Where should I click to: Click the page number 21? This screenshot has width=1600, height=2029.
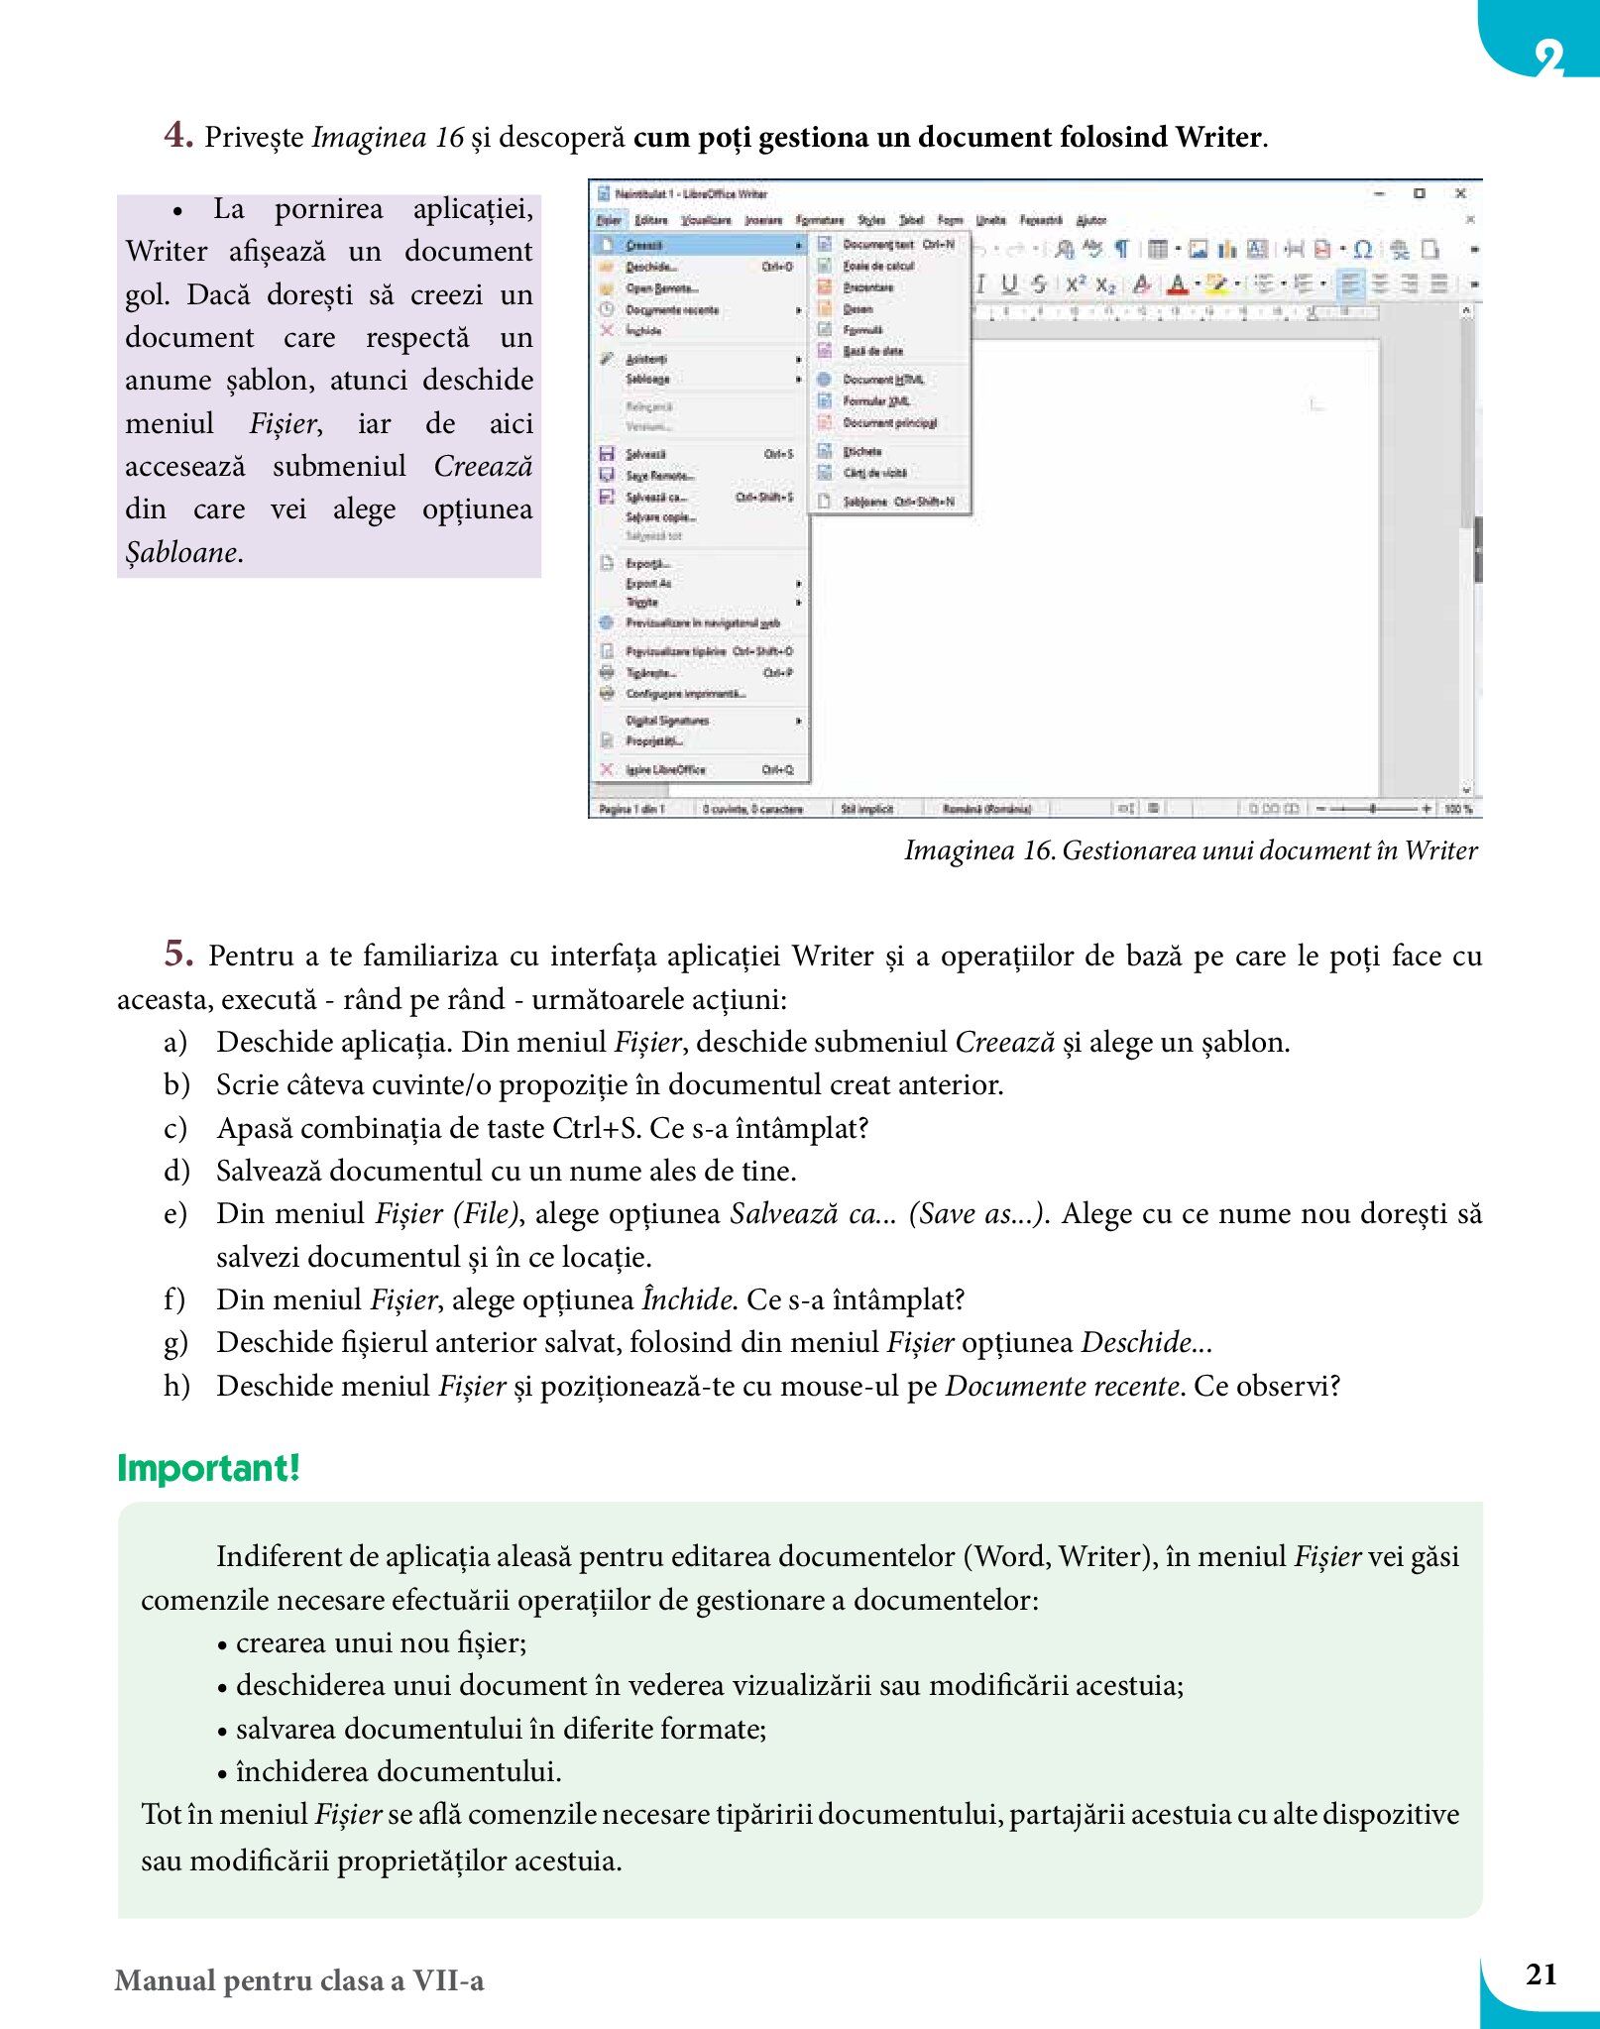coord(1541,1974)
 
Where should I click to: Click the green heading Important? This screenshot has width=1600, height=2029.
coord(208,1468)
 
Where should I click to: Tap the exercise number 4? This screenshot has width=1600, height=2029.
coord(178,135)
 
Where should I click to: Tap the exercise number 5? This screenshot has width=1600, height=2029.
coord(178,954)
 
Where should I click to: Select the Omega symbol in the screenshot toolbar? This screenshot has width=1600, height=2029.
coord(1363,250)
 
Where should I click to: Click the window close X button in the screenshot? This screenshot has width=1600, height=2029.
coord(1460,193)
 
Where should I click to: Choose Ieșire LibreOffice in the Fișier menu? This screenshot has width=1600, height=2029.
coord(665,769)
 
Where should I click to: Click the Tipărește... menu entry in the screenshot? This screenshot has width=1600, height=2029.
coord(650,672)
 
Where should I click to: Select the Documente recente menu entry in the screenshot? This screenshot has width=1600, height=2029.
coord(672,310)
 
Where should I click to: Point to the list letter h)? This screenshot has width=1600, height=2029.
coord(177,1386)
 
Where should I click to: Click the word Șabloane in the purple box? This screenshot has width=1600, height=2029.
coord(181,552)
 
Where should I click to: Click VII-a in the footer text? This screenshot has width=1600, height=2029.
coord(448,1980)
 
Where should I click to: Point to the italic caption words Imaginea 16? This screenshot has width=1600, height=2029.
coord(979,850)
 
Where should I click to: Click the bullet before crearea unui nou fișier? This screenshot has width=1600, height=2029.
coord(223,1644)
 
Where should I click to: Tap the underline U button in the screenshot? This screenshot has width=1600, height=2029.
coord(1009,285)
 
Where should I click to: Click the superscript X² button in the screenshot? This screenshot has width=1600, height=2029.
coord(1076,285)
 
